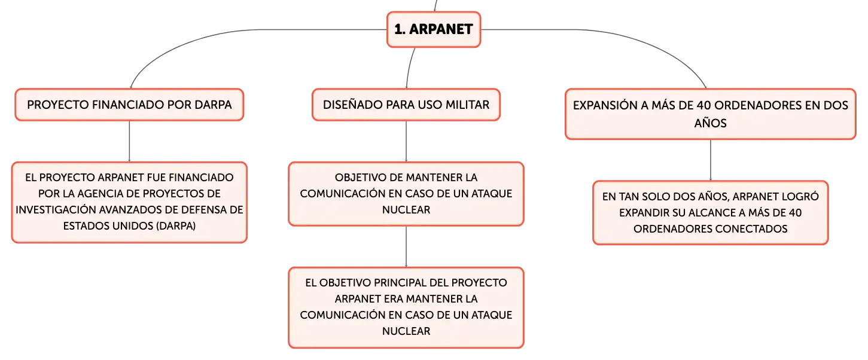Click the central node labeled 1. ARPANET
click(x=434, y=29)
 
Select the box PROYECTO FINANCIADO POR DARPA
click(x=129, y=105)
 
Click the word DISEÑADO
click(x=351, y=105)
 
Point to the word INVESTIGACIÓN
click(x=56, y=210)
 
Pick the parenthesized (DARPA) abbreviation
click(x=176, y=226)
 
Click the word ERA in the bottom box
click(x=394, y=299)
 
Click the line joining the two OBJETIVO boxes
click(x=406, y=247)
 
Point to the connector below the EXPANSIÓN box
click(x=711, y=160)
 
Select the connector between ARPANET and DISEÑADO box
click(x=409, y=68)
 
